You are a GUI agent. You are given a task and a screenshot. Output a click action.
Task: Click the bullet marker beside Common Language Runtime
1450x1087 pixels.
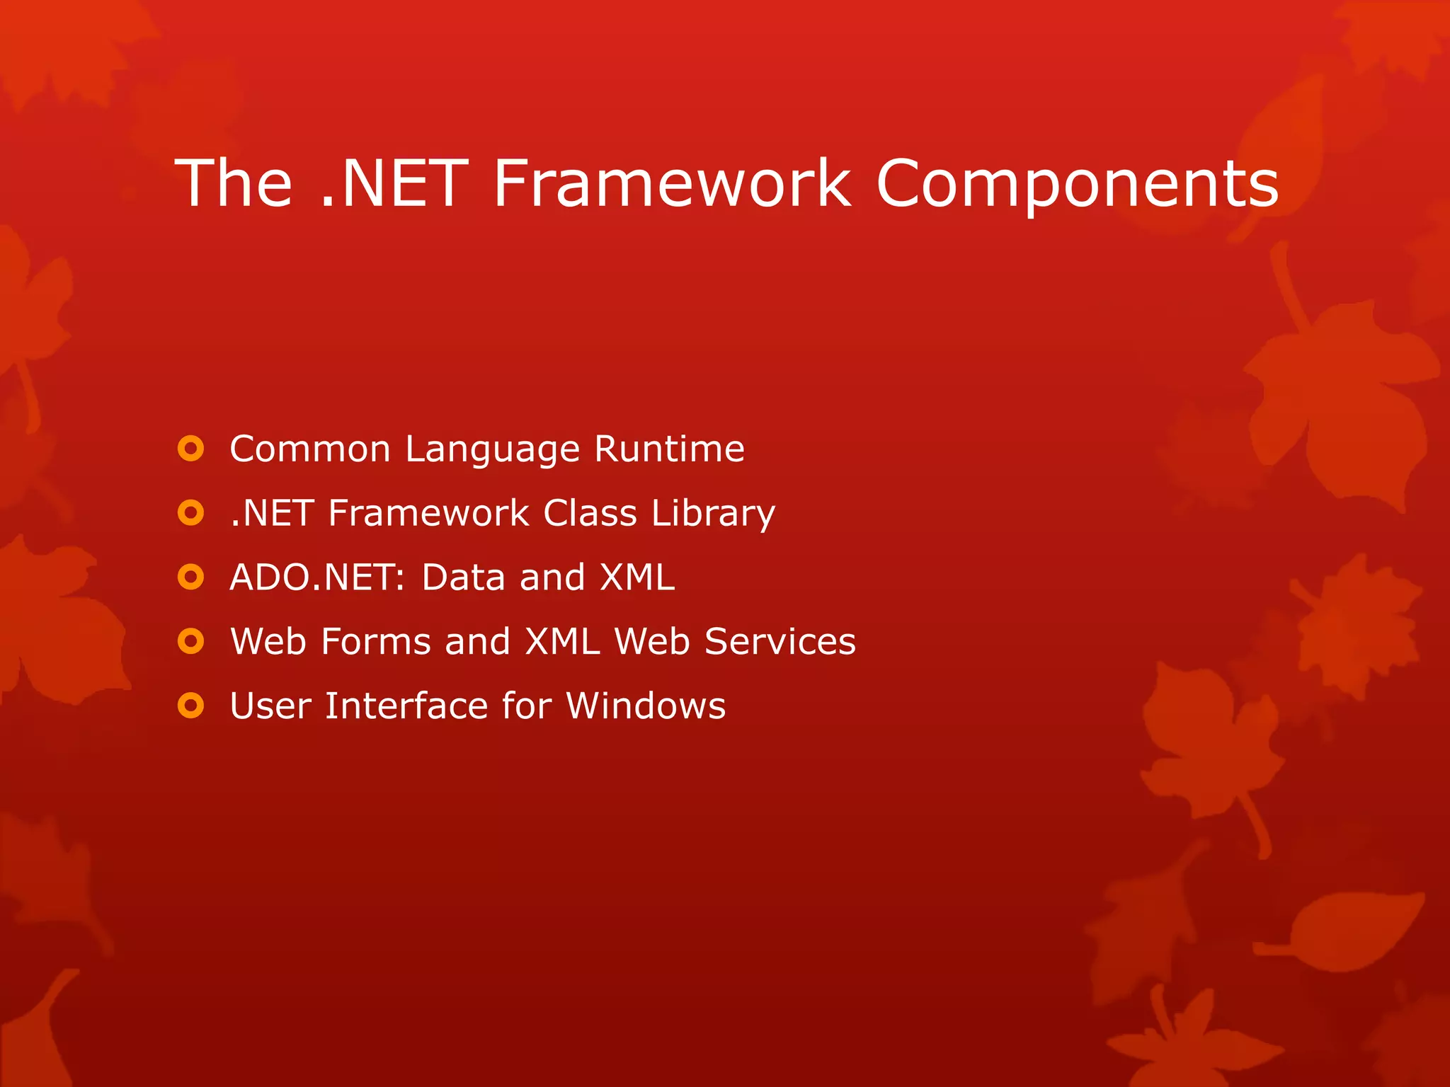(x=190, y=449)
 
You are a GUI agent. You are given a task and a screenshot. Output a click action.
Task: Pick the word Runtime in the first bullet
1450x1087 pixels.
(x=669, y=449)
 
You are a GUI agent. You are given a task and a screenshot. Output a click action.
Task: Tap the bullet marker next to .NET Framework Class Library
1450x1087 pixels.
(x=190, y=513)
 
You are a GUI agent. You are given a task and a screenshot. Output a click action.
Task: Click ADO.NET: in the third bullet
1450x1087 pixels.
(x=316, y=577)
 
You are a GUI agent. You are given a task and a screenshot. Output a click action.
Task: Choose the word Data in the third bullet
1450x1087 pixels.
(x=464, y=577)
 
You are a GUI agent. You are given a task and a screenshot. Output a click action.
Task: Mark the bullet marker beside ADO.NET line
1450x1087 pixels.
(x=190, y=577)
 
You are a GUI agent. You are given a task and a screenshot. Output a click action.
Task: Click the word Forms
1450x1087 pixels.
(x=375, y=642)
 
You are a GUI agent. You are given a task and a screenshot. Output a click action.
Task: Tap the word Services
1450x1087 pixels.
(x=780, y=642)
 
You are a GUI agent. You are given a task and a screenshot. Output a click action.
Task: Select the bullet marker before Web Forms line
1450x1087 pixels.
(x=190, y=642)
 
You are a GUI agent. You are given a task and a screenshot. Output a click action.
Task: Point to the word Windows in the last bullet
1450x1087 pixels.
(x=646, y=706)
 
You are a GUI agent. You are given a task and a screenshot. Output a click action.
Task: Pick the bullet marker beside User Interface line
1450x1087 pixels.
(x=190, y=706)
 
